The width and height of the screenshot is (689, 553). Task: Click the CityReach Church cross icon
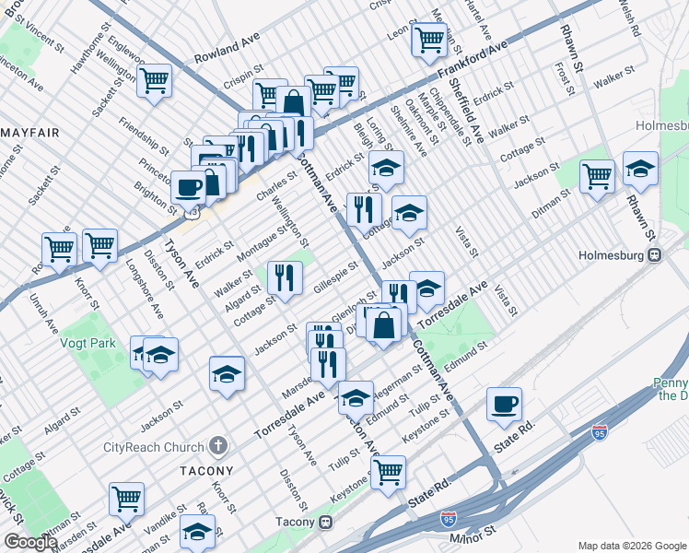tap(218, 447)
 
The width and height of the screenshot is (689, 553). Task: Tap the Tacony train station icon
tap(326, 522)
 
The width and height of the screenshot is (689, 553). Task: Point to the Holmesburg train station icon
tap(654, 255)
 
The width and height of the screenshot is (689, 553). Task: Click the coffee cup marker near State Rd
tap(504, 404)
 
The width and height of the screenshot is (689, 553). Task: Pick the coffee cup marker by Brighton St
tap(189, 187)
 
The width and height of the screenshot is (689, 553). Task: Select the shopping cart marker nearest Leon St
tap(429, 39)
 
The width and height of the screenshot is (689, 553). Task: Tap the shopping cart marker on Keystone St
tap(388, 472)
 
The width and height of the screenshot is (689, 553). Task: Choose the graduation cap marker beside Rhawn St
tap(640, 169)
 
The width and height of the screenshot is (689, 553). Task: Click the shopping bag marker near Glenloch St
tap(386, 324)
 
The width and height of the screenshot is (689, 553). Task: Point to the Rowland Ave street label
tap(227, 51)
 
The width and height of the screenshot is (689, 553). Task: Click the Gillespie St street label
tap(335, 272)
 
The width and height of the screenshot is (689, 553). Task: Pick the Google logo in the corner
tap(29, 543)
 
